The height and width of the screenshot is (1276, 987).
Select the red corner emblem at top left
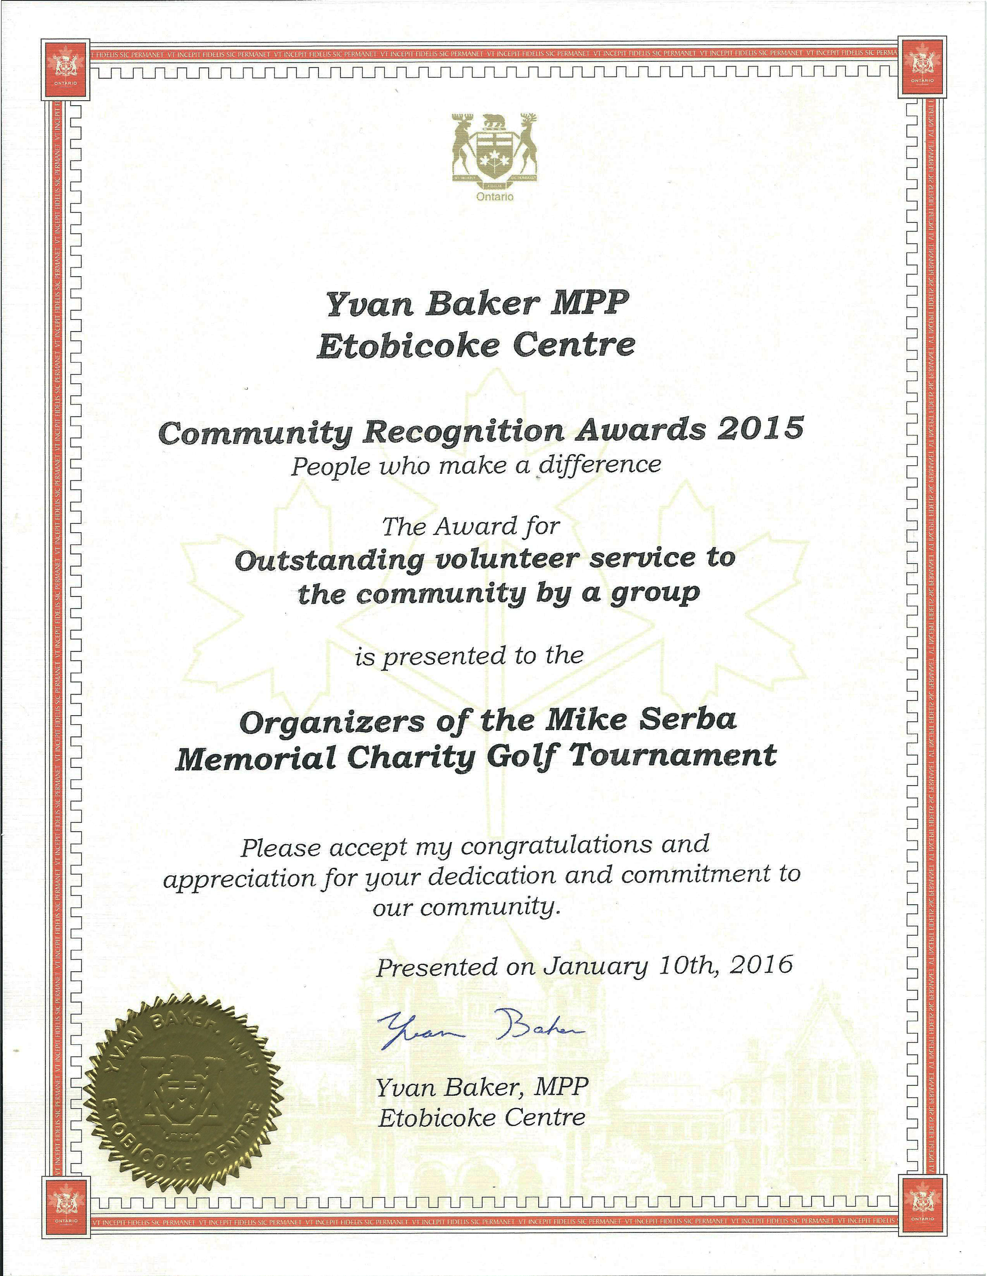pos(66,69)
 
